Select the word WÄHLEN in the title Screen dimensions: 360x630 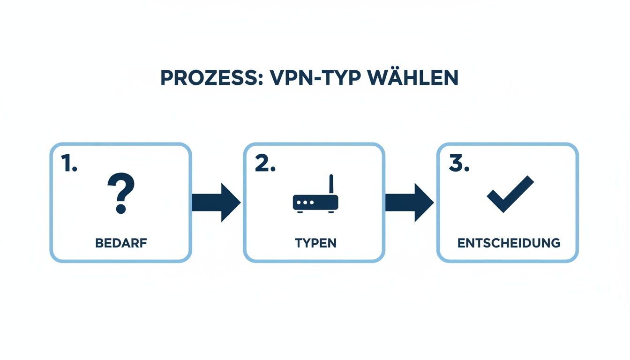(413, 78)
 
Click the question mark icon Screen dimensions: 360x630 (121, 193)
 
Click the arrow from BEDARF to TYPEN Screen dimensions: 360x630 (216, 202)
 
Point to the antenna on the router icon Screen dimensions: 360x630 (331, 184)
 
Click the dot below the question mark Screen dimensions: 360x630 (121, 209)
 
